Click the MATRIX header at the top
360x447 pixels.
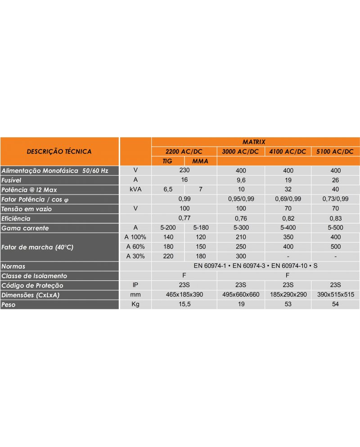[x=256, y=141]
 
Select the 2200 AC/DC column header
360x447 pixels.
[x=184, y=151]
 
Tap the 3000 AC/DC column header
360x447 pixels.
[x=241, y=151]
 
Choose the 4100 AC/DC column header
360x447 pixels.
[x=288, y=151]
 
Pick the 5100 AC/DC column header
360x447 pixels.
[x=335, y=151]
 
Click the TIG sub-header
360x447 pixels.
[x=167, y=161]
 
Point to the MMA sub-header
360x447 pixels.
[x=200, y=161]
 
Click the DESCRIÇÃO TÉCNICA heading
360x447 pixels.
[x=59, y=151]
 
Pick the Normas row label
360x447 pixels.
[x=13, y=266]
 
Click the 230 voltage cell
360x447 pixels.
[x=184, y=171]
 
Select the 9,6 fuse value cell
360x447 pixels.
[x=241, y=180]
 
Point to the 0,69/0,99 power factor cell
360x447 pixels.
[x=288, y=199]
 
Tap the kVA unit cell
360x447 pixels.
[x=135, y=190]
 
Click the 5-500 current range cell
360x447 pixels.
[x=336, y=228]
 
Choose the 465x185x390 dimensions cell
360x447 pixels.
[x=184, y=294]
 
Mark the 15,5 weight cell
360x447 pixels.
[x=184, y=304]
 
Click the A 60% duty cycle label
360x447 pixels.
[x=135, y=247]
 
